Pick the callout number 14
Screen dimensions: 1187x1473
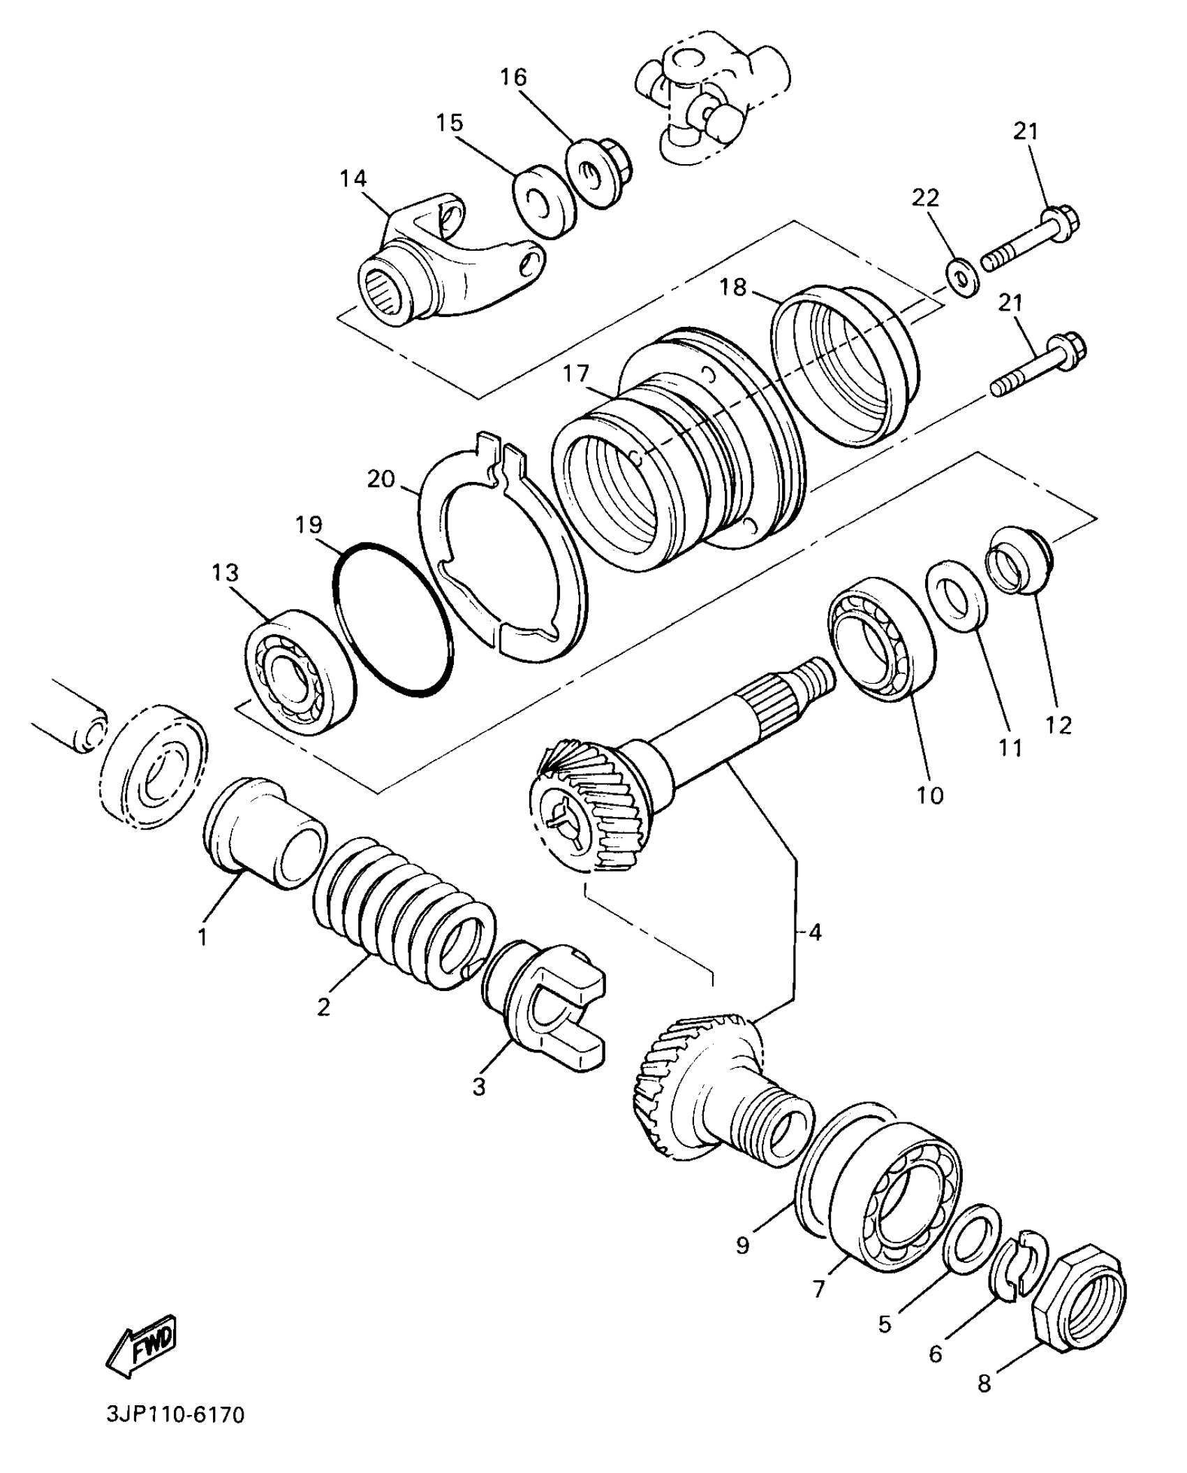coord(353,179)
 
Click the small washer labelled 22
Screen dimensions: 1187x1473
coord(962,272)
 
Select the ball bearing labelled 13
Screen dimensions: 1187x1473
coord(300,670)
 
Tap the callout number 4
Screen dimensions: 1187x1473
coord(814,932)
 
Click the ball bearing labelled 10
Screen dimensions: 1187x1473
coord(881,638)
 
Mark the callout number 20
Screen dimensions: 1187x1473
coord(381,480)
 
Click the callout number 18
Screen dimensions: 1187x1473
coord(733,287)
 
